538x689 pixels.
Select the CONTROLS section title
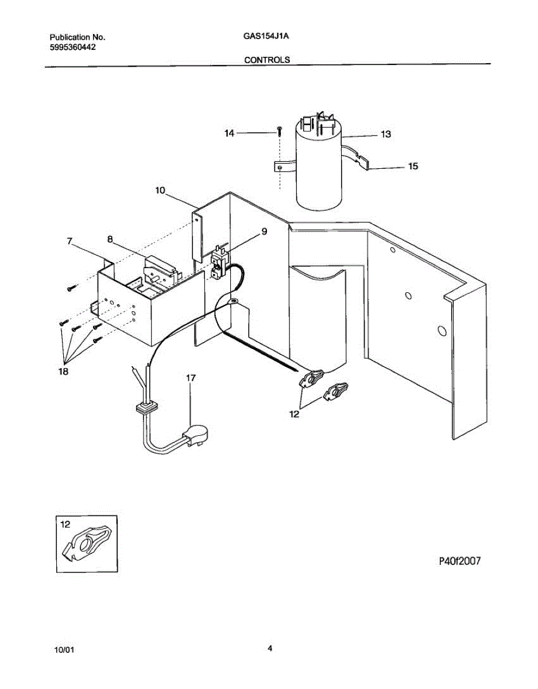267,59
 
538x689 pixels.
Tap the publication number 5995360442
73,48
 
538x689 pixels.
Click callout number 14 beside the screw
230,133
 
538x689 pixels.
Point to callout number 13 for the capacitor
385,134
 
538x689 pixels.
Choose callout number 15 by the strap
413,167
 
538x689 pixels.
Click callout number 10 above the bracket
160,190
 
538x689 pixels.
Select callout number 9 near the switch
264,231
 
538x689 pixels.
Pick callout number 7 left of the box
69,242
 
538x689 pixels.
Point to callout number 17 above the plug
191,378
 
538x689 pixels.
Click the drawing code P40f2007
459,561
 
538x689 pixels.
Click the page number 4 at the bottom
269,649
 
